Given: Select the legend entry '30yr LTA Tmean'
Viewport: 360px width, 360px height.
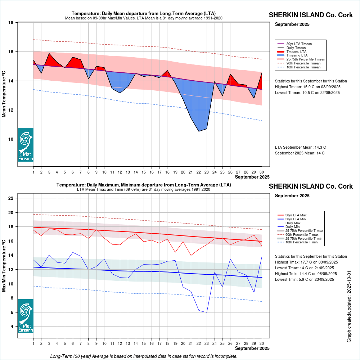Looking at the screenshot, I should (x=299, y=44).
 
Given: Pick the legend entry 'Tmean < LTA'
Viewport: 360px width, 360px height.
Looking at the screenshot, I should (x=297, y=55).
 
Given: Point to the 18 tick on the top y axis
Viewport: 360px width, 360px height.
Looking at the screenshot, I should (x=11, y=23).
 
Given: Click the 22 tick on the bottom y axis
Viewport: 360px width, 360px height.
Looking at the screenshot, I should (x=11, y=198).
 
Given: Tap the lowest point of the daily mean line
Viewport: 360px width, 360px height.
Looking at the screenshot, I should (x=199, y=131).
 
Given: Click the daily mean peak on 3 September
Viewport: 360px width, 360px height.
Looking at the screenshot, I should (x=49, y=53).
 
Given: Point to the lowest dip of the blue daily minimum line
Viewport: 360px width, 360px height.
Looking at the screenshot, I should (x=207, y=312).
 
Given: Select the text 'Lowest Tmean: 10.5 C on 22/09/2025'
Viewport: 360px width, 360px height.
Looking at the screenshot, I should (x=307, y=93).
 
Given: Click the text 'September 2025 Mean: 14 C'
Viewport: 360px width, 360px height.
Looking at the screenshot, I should (x=300, y=153).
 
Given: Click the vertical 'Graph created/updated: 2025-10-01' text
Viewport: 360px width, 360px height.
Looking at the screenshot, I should (x=349, y=307).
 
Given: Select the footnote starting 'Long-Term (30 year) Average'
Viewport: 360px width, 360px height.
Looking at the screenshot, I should (x=144, y=356).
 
